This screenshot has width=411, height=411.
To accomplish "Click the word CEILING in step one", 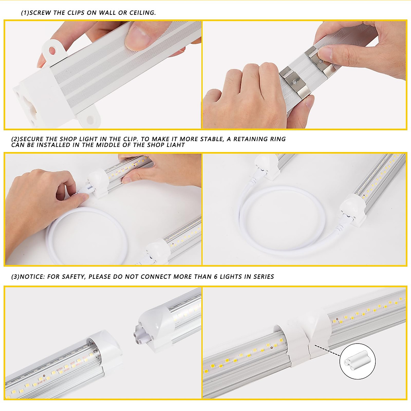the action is click(x=142, y=13).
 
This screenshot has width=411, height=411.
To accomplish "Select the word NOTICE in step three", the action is click(x=32, y=277).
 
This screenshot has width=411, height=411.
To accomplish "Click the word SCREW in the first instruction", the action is click(x=40, y=13).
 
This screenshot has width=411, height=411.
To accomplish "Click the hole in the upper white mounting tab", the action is click(x=52, y=51).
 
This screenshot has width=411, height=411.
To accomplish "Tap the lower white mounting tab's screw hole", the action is click(x=90, y=120).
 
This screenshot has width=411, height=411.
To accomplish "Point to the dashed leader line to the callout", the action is click(x=327, y=351).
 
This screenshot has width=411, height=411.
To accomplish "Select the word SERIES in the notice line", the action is click(x=264, y=277).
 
